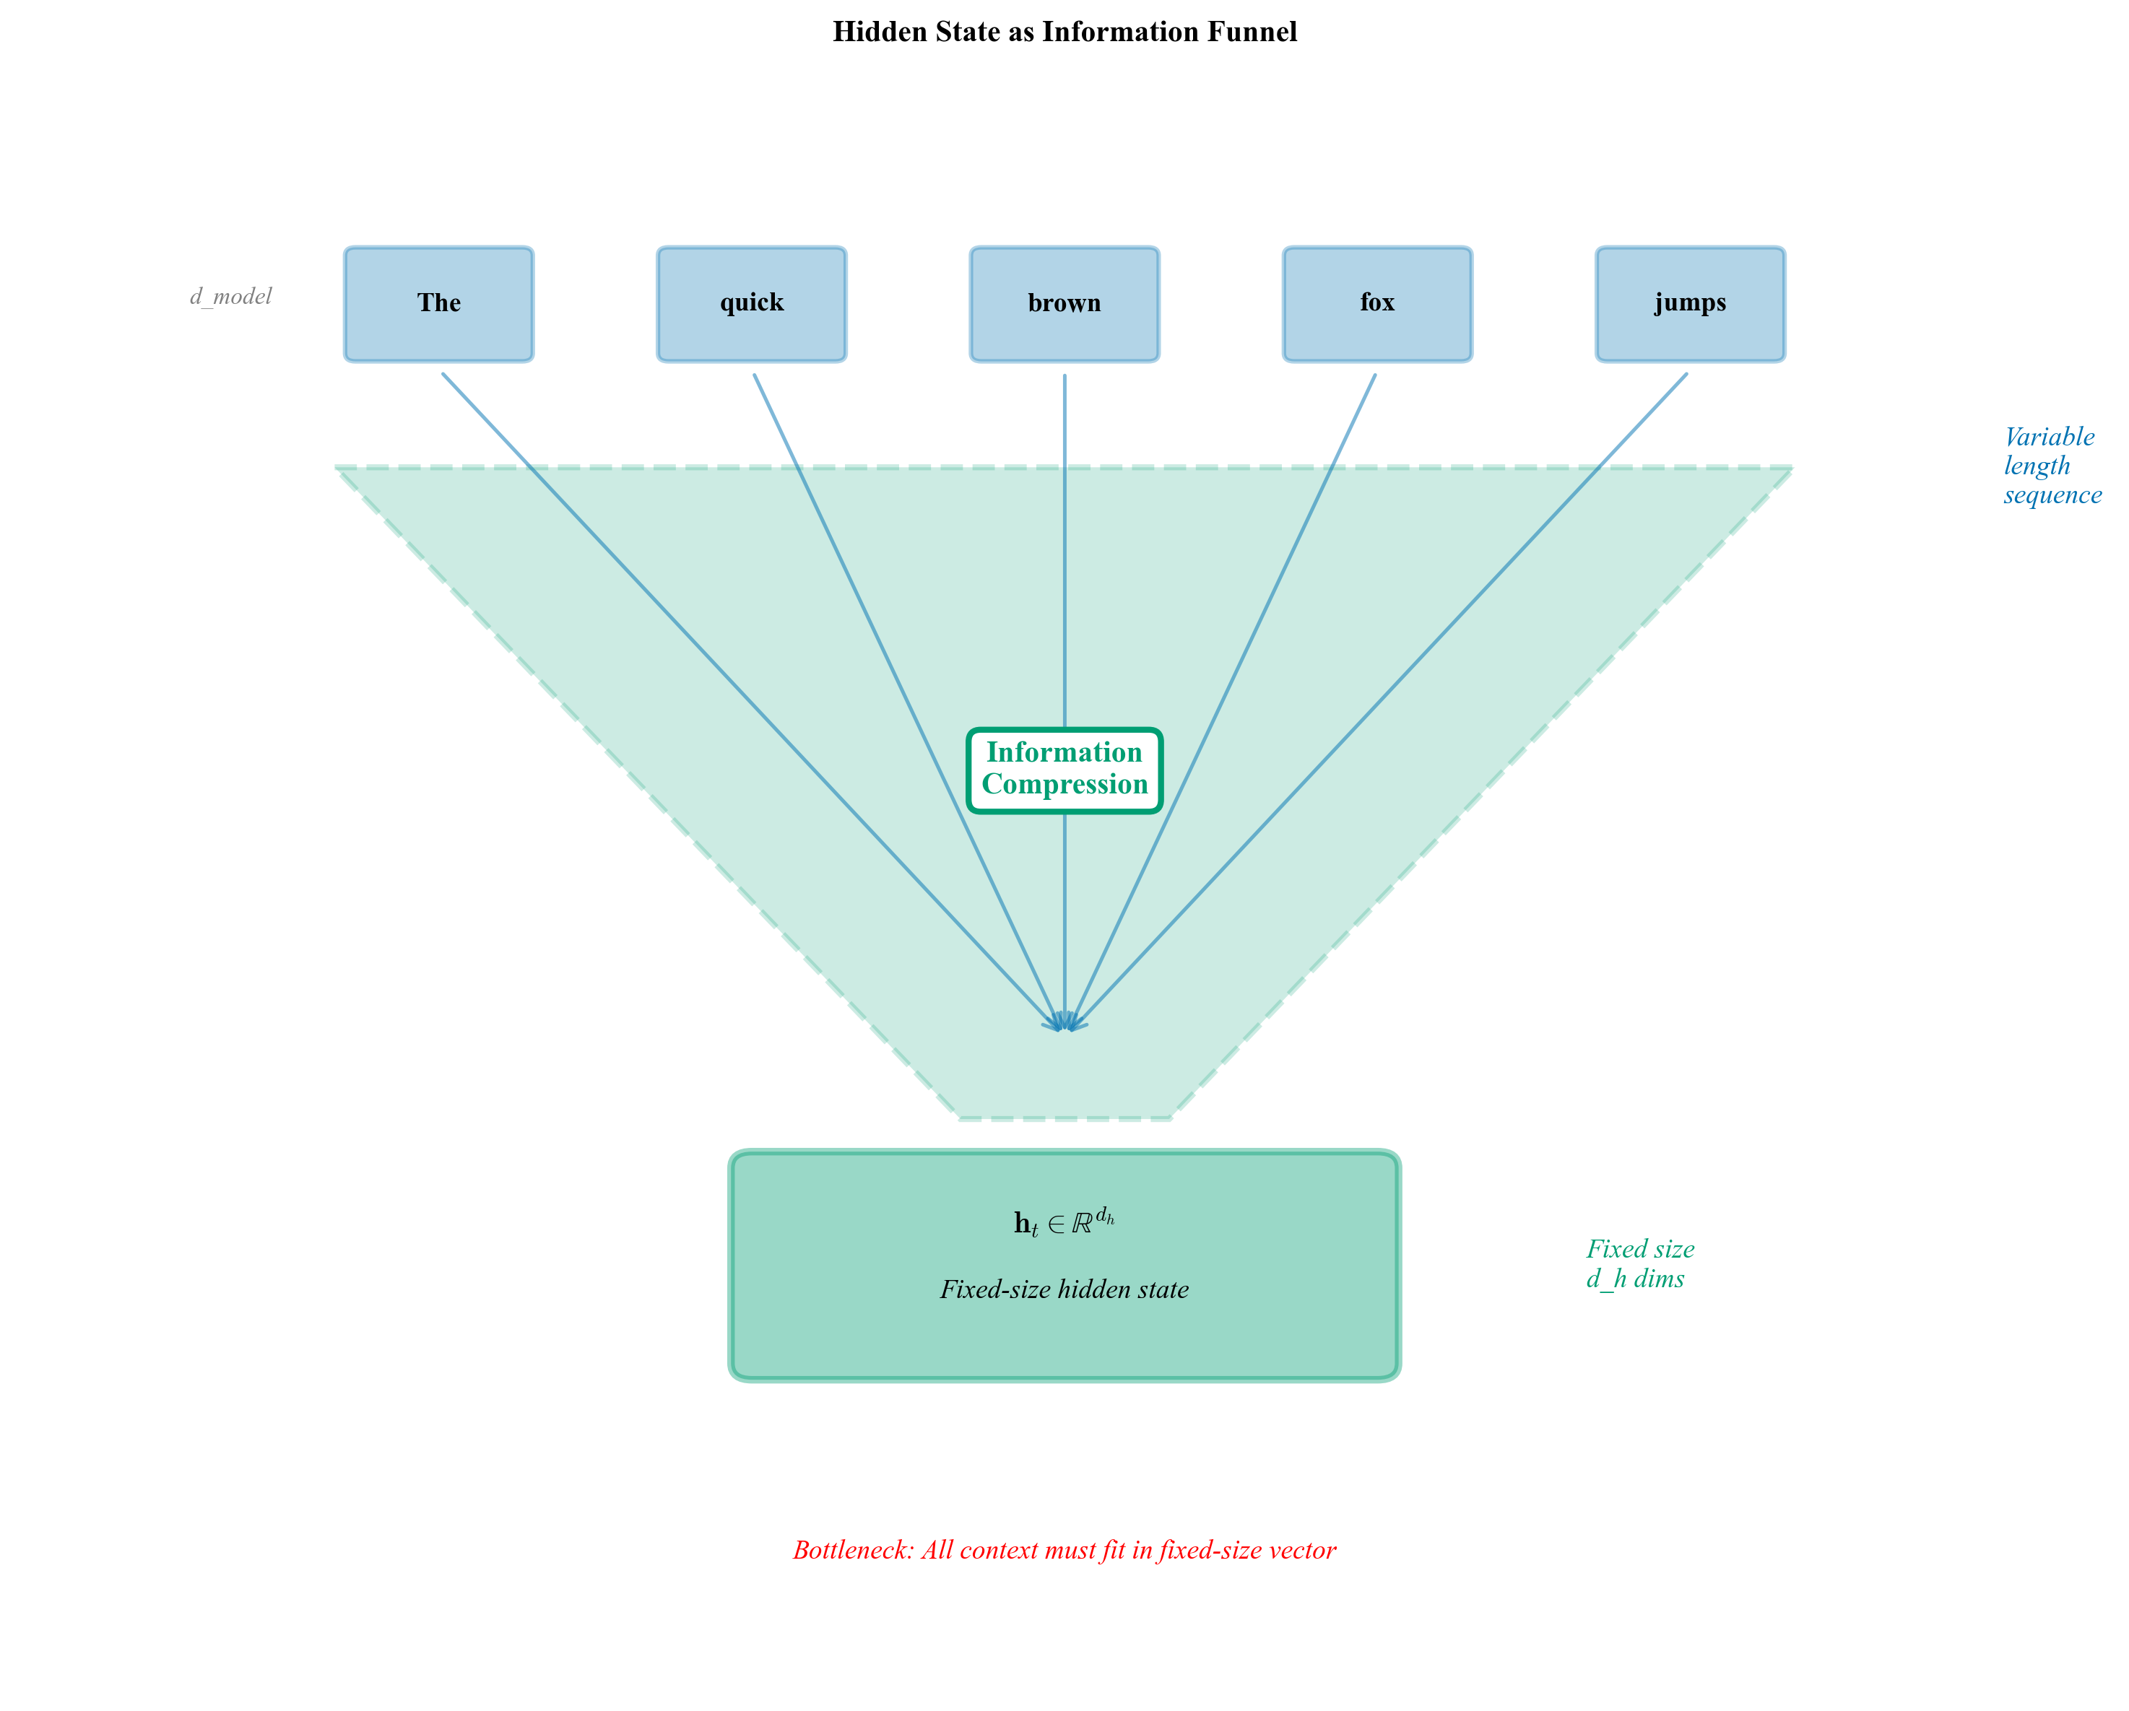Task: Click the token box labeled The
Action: [438, 303]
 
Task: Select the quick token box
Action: [752, 303]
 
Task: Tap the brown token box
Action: [1064, 303]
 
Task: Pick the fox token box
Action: [1376, 303]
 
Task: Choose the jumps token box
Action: [1690, 303]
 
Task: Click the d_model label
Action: [230, 296]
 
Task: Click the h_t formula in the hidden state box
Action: [1064, 1222]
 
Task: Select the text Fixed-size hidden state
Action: [1064, 1289]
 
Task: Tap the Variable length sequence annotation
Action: [2050, 465]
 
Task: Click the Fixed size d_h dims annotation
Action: [1639, 1263]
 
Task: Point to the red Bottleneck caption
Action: [1064, 1550]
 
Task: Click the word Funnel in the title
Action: [1252, 32]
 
